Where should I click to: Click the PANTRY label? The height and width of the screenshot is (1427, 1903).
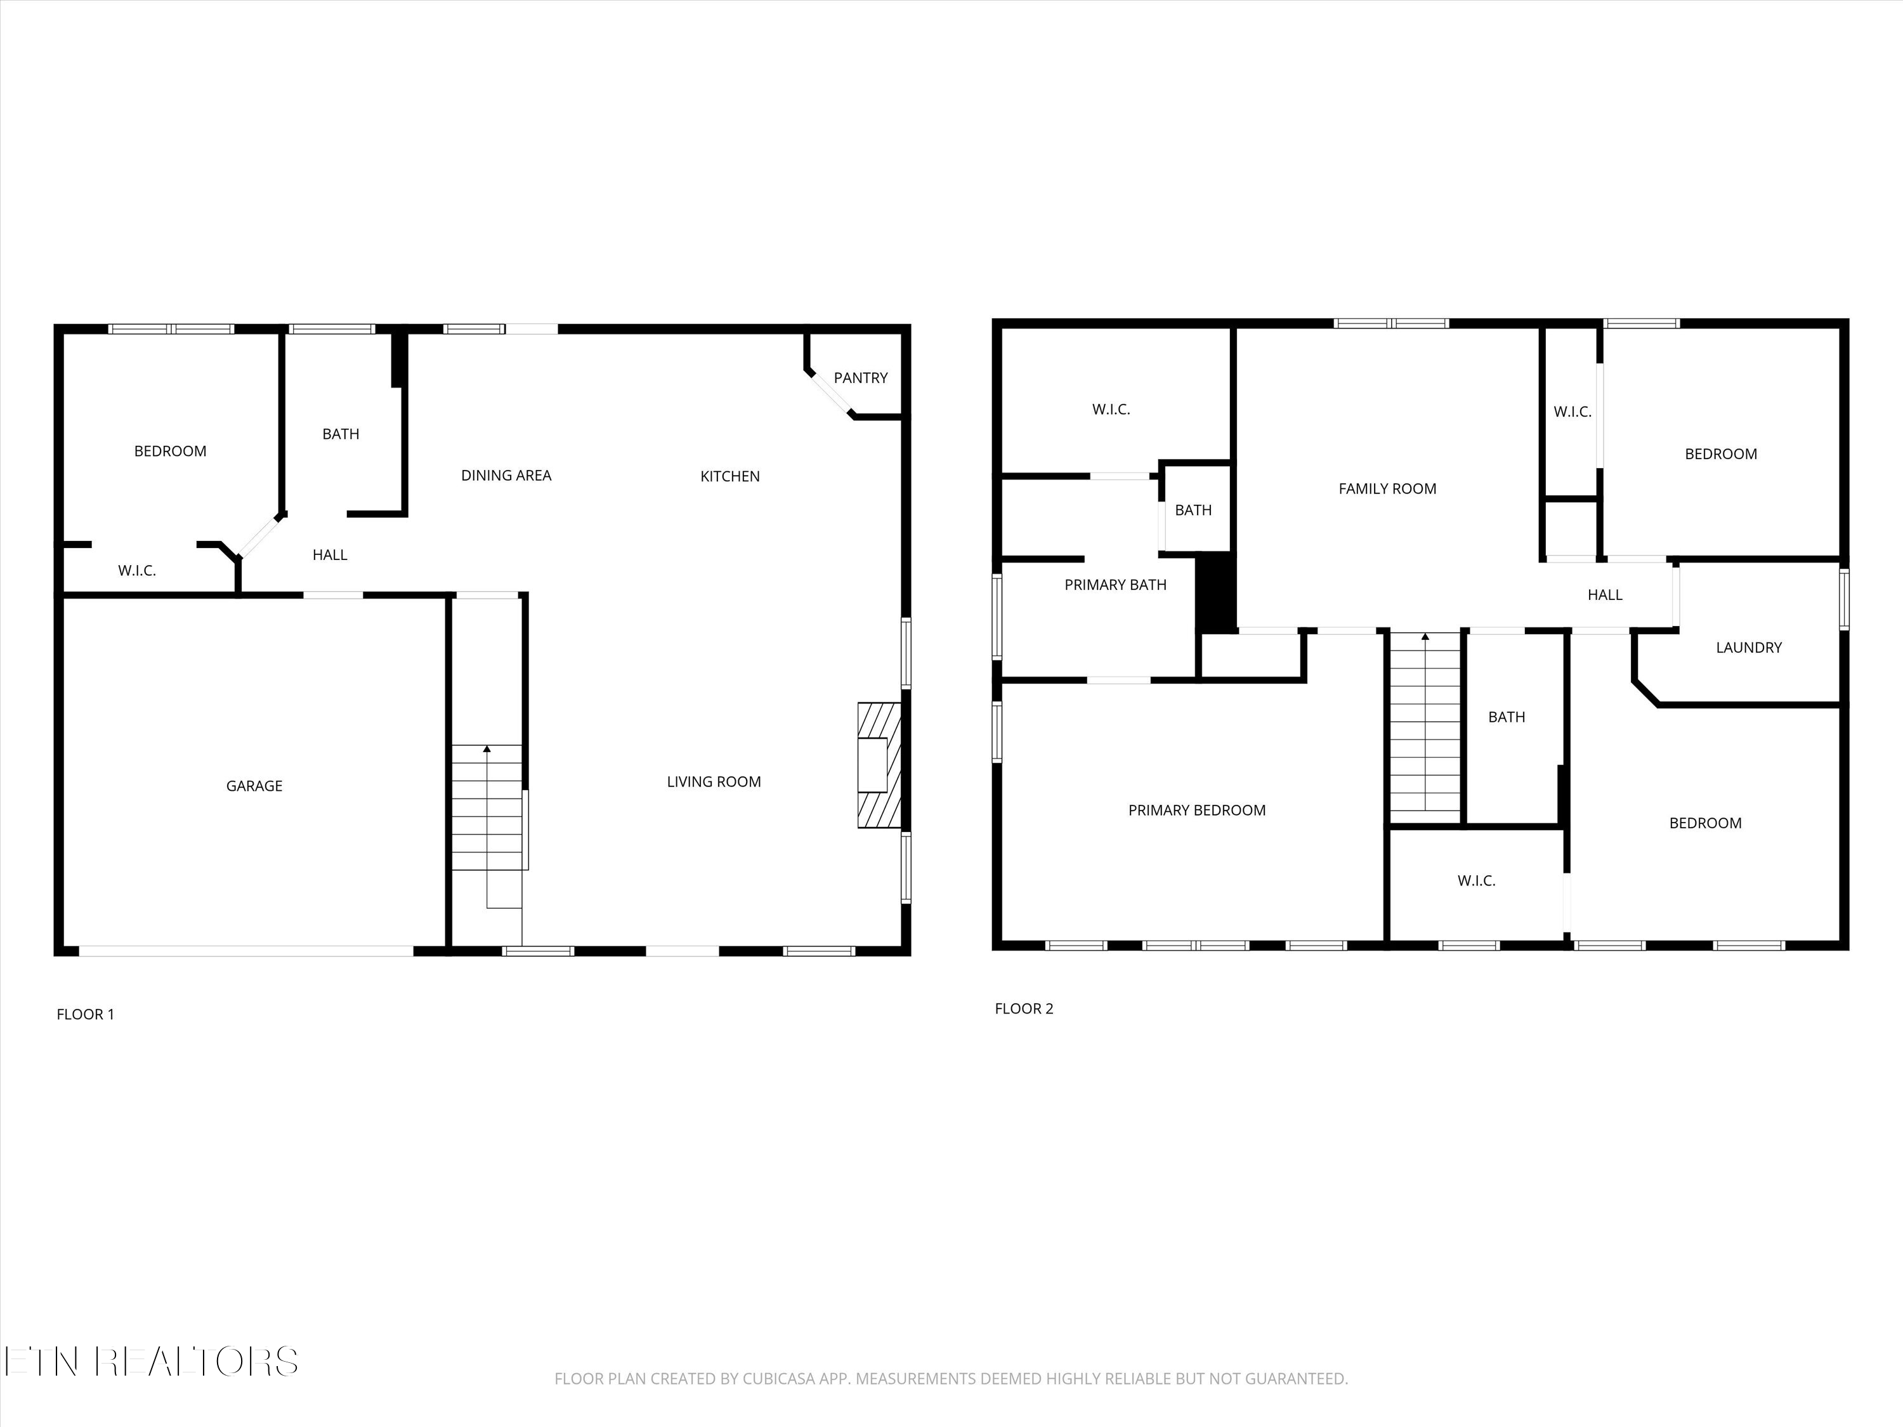(860, 377)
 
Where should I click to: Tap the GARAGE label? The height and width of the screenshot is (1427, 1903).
(254, 785)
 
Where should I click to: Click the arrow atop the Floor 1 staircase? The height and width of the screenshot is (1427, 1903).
(487, 749)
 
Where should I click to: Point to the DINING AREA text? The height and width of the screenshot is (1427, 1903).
(506, 475)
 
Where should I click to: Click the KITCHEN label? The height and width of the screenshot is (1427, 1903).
(729, 476)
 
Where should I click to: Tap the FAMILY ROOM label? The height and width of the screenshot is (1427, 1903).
(1387, 488)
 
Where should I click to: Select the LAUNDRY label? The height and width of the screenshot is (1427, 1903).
(1748, 648)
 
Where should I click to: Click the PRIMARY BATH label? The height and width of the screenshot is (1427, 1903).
(1115, 585)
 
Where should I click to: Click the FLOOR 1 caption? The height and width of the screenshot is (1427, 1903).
(85, 1014)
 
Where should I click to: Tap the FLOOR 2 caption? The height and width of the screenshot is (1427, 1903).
(1024, 1009)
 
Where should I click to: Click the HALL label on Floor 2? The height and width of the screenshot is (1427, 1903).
(1604, 594)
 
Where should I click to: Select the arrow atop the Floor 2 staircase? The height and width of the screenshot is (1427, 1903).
(1425, 637)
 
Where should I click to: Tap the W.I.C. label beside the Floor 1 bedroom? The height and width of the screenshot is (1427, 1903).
(137, 570)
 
